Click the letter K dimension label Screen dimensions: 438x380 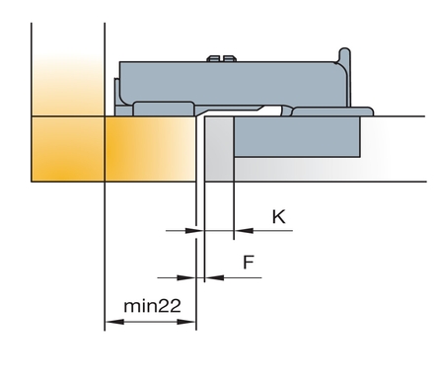point(279,217)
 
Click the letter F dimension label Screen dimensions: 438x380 point(249,263)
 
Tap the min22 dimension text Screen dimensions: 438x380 point(152,306)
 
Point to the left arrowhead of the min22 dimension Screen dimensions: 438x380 point(114,322)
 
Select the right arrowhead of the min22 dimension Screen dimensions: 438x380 point(186,322)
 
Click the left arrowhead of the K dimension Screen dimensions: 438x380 point(190,231)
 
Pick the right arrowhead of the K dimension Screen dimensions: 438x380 point(244,231)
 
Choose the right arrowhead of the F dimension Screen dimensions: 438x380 point(215,277)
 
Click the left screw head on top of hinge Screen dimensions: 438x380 point(213,58)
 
